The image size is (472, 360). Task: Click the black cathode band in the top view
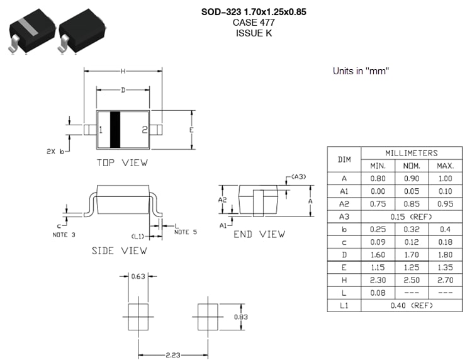[x=115, y=130]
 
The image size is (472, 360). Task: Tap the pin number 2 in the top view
[x=144, y=130]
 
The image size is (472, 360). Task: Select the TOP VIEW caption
[x=122, y=162]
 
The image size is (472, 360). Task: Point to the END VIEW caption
[x=259, y=234]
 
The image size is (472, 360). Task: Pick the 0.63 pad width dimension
[x=138, y=276]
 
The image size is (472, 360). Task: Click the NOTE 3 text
[x=64, y=234]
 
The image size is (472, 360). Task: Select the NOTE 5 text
[x=185, y=232]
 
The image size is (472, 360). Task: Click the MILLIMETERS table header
[x=412, y=153]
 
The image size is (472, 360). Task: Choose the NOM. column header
[x=412, y=166]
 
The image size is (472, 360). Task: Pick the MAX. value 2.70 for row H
[x=445, y=281]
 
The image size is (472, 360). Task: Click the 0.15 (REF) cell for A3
[x=412, y=217]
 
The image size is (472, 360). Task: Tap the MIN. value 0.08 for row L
[x=378, y=293]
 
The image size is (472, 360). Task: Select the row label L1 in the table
[x=344, y=306]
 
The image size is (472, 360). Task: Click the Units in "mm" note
[x=361, y=71]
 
